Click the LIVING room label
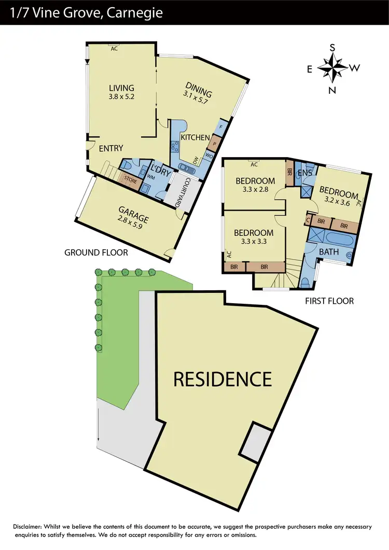click(121, 88)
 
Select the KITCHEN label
click(195, 137)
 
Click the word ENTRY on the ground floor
click(111, 149)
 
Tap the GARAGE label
click(134, 211)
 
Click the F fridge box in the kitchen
click(221, 126)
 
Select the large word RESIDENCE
click(222, 379)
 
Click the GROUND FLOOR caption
click(96, 252)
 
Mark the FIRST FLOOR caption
click(329, 300)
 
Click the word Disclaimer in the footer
click(31, 527)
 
